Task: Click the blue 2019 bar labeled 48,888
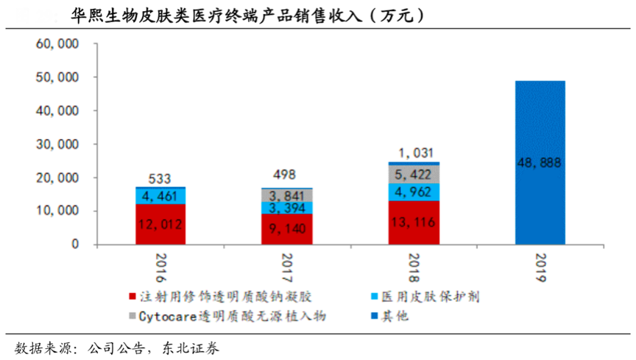[540, 162]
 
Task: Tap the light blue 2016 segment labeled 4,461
[160, 196]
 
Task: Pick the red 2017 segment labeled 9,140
[286, 229]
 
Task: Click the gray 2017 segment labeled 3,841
[286, 195]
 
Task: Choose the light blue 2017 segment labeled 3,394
[286, 208]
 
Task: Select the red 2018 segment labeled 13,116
[414, 222]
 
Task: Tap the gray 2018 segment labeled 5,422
[414, 175]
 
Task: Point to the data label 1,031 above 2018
[414, 152]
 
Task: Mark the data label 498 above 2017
[286, 175]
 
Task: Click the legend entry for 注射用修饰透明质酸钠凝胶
[221, 297]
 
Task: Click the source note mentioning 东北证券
[118, 347]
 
